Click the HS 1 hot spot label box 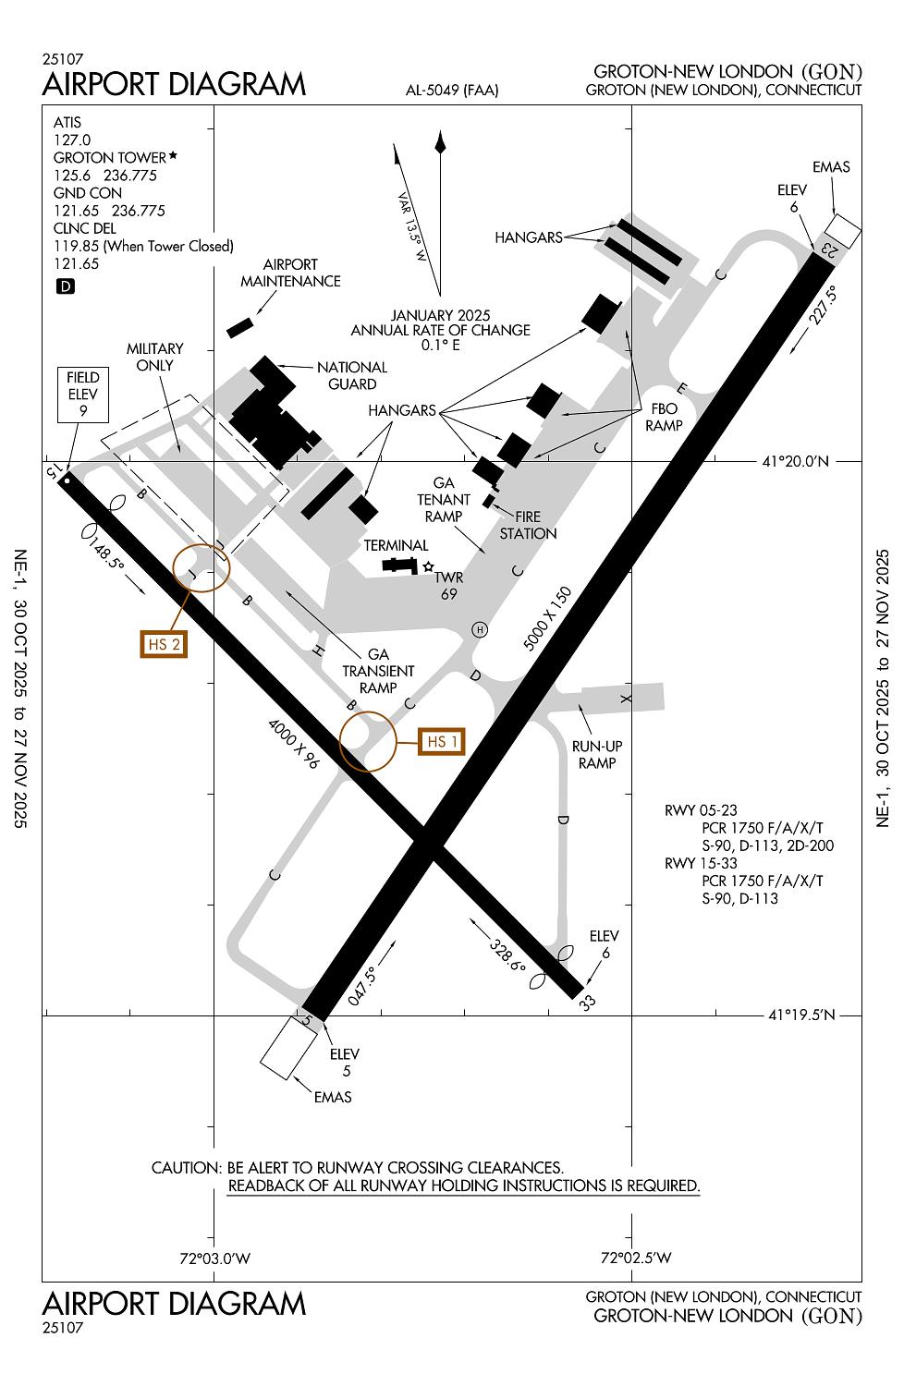coord(441,741)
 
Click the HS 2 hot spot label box coord(164,644)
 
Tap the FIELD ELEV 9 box coord(82,395)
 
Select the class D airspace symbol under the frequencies coord(66,286)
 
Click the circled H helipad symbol coord(480,630)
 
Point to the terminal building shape coord(399,565)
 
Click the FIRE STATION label coord(528,525)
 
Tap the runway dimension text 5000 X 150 coord(547,618)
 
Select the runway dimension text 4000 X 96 coord(293,743)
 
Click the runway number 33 coord(587,1003)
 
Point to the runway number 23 coord(829,248)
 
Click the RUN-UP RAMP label coord(597,754)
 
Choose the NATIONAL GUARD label coord(352,375)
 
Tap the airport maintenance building coord(239,327)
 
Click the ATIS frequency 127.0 coord(72,140)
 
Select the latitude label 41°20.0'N coord(795,461)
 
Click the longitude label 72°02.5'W coord(636,1258)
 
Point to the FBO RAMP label coord(664,417)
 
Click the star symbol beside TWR coord(428,565)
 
